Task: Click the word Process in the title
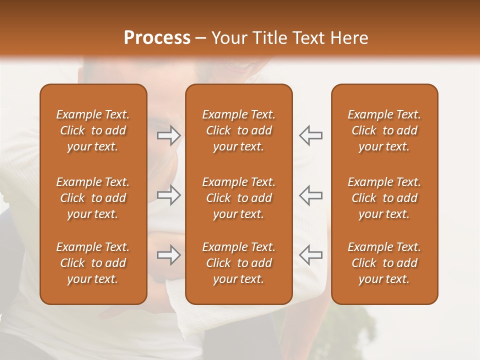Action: [157, 38]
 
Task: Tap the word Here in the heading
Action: [349, 38]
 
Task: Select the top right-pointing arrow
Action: [168, 135]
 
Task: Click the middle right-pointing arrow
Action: [168, 195]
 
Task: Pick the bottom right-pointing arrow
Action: [168, 255]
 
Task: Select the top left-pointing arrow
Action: [310, 135]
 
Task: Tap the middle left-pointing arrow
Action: [310, 195]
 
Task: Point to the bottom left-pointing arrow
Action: [310, 255]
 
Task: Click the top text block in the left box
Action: [93, 130]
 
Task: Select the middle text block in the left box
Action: [93, 198]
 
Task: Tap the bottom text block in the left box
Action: [93, 263]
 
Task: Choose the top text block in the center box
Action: [239, 130]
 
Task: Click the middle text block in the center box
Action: [239, 198]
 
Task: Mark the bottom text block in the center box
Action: [239, 263]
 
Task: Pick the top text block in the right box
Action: [384, 130]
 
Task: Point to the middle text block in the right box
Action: [384, 198]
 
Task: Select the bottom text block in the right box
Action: [384, 263]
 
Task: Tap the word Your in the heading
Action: [227, 38]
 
